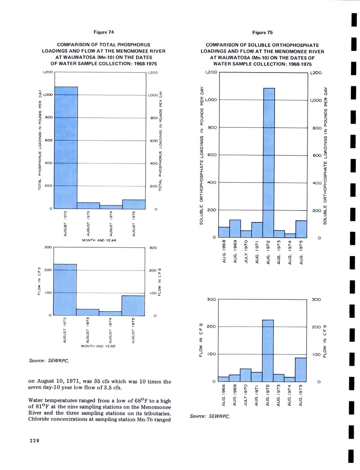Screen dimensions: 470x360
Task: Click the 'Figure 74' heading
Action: coord(103,32)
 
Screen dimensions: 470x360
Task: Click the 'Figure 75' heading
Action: coord(262,33)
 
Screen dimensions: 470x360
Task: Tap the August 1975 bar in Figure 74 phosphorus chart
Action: coord(134,204)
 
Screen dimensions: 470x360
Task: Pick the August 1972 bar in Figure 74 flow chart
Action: coord(65,289)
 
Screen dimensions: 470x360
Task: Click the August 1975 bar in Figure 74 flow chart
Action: coord(133,305)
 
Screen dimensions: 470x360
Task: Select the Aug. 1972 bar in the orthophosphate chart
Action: coord(269,162)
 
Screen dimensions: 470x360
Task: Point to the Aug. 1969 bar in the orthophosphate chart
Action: coord(235,229)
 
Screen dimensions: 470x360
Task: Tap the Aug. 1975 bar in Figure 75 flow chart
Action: coord(301,369)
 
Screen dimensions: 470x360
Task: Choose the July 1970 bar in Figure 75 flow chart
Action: coord(246,375)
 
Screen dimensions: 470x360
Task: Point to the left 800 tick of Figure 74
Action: coord(49,117)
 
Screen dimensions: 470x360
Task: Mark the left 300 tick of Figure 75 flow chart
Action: coord(211,299)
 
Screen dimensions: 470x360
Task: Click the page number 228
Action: coord(35,441)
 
